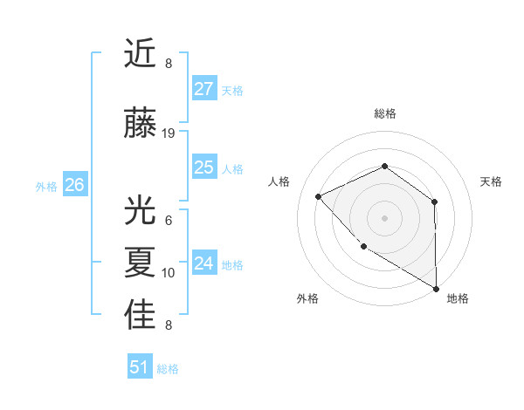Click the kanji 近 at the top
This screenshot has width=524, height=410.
[140, 54]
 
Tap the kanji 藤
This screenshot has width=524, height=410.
[140, 125]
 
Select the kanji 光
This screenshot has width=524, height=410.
[140, 212]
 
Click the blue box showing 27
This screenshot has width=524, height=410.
[204, 89]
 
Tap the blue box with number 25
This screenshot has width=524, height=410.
[204, 167]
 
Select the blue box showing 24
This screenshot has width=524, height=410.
[204, 263]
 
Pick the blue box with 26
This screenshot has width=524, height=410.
[75, 185]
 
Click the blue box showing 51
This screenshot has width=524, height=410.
[140, 367]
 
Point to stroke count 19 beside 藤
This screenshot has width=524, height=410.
[169, 133]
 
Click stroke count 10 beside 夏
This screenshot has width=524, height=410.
[169, 273]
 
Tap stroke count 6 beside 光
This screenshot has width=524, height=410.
[169, 221]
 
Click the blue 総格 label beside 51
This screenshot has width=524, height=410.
[168, 369]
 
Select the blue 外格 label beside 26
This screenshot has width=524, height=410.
[46, 186]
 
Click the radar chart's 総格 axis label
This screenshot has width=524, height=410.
[384, 113]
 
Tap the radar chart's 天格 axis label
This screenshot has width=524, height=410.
[492, 181]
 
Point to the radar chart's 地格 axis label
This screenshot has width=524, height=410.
[458, 298]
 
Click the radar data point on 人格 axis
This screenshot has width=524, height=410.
[319, 196]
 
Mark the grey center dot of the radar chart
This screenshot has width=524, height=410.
[384, 217]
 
